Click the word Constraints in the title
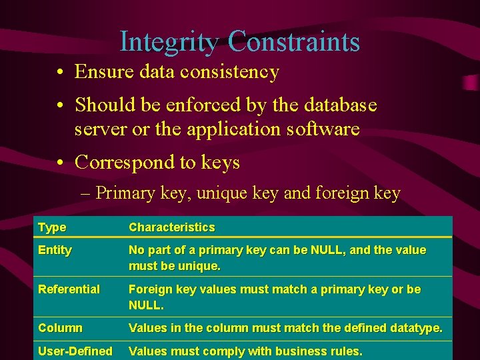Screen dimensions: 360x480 (x=293, y=42)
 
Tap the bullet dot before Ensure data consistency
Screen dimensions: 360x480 (x=60, y=72)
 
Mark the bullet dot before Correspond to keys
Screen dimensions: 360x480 (x=60, y=163)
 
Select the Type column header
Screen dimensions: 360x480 (x=52, y=227)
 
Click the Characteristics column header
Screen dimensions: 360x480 (x=171, y=227)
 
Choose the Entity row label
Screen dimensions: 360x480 (x=55, y=250)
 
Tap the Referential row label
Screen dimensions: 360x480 (x=69, y=289)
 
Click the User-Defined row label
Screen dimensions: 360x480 (x=75, y=351)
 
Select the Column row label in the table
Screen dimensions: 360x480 (x=60, y=328)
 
